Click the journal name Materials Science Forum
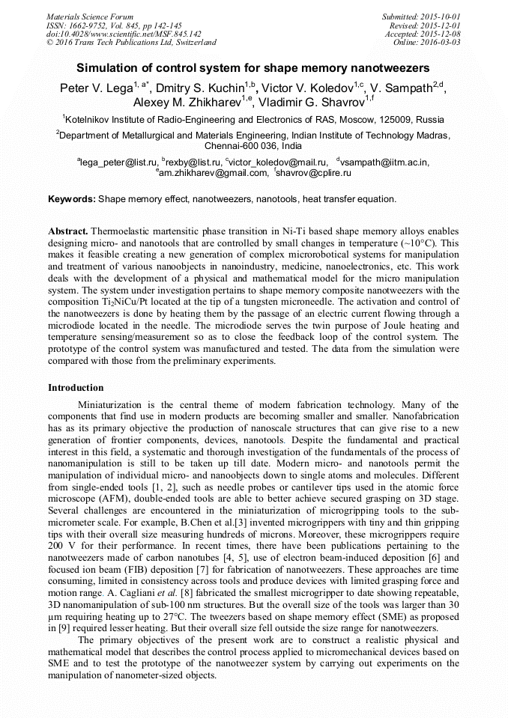coord(90,16)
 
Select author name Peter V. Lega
coord(96,88)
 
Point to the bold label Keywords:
coord(72,200)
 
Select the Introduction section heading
coord(76,388)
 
